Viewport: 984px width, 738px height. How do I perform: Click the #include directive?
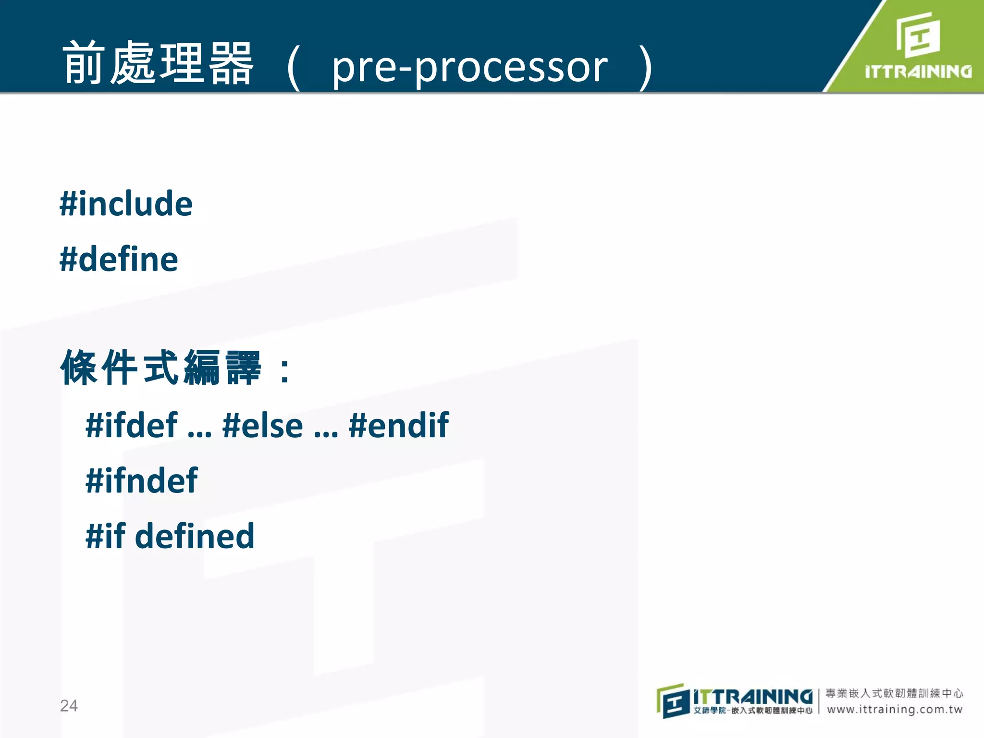[126, 204]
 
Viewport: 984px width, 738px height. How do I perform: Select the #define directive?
[119, 259]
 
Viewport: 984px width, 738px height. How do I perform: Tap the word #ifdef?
[132, 426]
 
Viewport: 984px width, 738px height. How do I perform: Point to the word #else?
[263, 426]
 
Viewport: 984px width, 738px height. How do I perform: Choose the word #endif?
[399, 426]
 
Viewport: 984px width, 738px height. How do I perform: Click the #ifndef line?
[141, 481]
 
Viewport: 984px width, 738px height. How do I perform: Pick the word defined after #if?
[195, 536]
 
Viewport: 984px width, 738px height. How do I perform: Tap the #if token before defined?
[106, 536]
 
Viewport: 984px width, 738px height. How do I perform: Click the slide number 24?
[69, 705]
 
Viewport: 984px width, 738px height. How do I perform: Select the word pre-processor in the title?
[470, 67]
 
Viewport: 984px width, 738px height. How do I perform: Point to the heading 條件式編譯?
[161, 368]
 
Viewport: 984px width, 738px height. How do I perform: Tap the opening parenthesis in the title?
[293, 67]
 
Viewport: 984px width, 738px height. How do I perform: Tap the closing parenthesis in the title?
[646, 67]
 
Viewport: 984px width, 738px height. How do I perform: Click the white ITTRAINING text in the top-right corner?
[918, 72]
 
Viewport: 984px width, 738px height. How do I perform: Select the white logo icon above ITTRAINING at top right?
[918, 35]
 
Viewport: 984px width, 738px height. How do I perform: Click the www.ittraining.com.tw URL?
[895, 710]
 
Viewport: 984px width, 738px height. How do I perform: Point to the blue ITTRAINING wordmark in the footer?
[752, 696]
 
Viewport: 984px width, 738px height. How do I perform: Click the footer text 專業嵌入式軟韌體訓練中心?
[895, 693]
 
